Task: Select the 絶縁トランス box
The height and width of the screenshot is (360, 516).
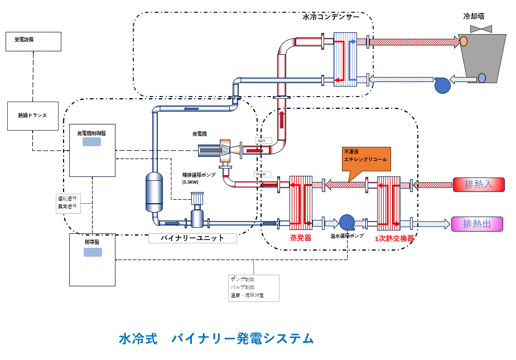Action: (x=33, y=116)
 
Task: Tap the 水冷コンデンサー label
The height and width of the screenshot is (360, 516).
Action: (x=331, y=17)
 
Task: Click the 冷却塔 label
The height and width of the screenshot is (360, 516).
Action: (x=474, y=16)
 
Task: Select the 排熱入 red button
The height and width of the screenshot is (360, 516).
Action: (x=478, y=185)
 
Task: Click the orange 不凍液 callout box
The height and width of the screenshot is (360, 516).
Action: (x=366, y=159)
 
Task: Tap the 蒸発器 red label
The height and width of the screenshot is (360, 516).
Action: (x=300, y=237)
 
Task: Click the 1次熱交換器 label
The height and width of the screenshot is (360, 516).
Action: (x=394, y=238)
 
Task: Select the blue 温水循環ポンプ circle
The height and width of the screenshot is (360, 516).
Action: (x=347, y=222)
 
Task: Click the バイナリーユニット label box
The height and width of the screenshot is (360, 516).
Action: (x=192, y=238)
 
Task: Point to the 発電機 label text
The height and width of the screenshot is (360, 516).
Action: (x=200, y=134)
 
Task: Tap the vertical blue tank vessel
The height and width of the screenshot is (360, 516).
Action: (x=154, y=192)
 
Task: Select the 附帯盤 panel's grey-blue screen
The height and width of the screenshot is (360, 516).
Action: (x=93, y=252)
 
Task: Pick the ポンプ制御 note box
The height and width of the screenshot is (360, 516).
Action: (x=253, y=287)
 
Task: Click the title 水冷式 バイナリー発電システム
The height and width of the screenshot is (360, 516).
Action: (x=216, y=338)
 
